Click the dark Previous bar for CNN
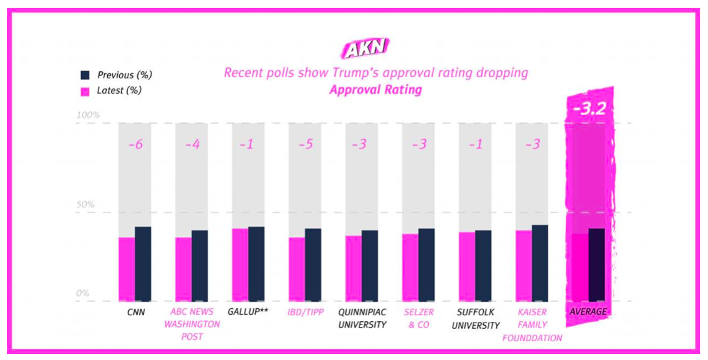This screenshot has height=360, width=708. (x=143, y=264)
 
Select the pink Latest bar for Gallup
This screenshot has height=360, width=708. (x=240, y=265)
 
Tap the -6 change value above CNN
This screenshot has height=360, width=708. (x=135, y=144)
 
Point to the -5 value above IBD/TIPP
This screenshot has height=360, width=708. (x=305, y=144)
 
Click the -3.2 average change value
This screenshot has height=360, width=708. (x=589, y=109)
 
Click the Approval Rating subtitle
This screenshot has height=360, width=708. (x=375, y=90)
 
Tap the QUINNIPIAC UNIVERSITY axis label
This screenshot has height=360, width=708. (x=361, y=318)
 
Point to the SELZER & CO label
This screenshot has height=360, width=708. (x=418, y=318)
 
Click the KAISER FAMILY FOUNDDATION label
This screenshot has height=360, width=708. (x=532, y=324)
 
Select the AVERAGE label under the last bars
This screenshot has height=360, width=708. (x=588, y=312)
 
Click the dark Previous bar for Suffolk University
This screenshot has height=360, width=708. (x=483, y=265)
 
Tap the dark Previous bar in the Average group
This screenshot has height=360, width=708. (x=597, y=265)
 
